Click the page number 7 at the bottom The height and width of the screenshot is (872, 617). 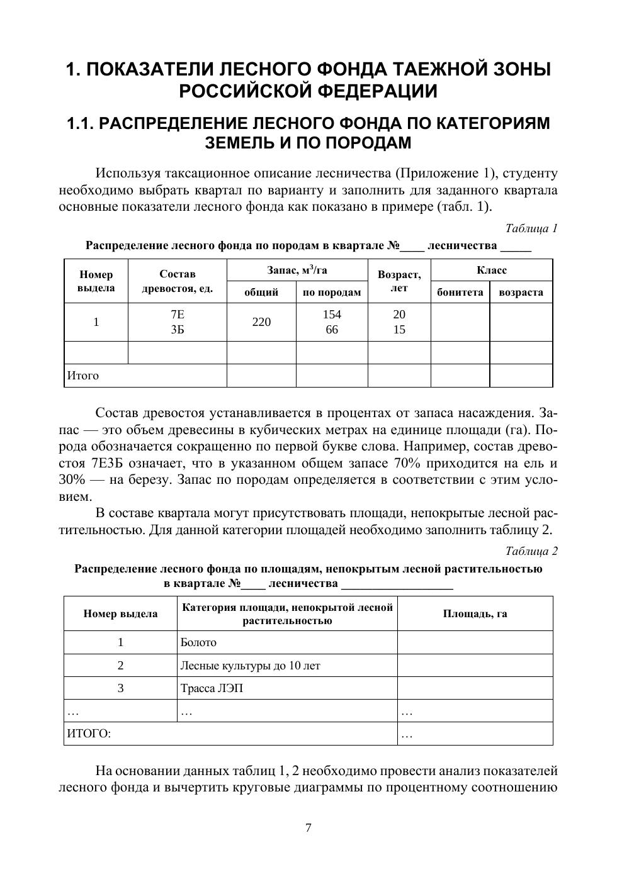pos(308,828)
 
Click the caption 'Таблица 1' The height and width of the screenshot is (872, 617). pos(531,228)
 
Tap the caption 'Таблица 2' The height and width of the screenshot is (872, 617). pos(531,551)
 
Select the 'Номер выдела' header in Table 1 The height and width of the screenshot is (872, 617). pos(96,281)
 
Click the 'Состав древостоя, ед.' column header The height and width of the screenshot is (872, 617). pos(178,281)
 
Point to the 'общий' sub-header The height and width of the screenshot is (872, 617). pos(261,292)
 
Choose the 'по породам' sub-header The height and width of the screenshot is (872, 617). pos(332,292)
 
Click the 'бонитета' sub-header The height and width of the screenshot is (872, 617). pos(460,292)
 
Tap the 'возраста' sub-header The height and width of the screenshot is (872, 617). pos(521,292)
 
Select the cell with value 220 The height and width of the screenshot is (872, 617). pos(261,322)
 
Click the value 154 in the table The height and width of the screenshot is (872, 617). pos(332,315)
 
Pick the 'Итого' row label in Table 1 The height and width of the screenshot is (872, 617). pos(83,376)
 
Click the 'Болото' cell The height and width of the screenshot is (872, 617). pos(198,642)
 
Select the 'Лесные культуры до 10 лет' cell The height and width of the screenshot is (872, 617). pos(250,666)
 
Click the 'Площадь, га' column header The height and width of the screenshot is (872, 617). pos(475,613)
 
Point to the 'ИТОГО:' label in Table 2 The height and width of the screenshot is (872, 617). pos(89,734)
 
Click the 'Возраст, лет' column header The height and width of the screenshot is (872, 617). pos(399,281)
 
